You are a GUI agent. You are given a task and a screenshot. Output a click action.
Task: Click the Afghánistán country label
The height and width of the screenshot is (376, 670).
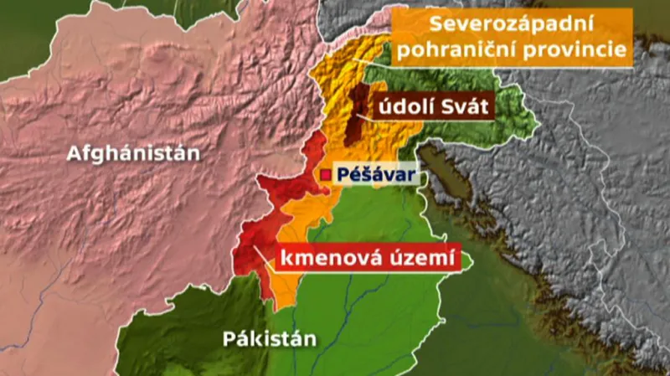click(x=134, y=154)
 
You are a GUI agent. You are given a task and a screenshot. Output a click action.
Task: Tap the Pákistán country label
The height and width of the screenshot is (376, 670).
click(x=270, y=339)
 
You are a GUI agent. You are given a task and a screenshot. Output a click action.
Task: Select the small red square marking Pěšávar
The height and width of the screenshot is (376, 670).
click(x=326, y=174)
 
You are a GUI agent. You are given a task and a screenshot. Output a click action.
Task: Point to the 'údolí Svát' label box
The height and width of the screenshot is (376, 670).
click(x=434, y=108)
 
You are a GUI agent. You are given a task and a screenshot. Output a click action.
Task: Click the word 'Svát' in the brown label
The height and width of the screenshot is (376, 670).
click(x=463, y=108)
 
